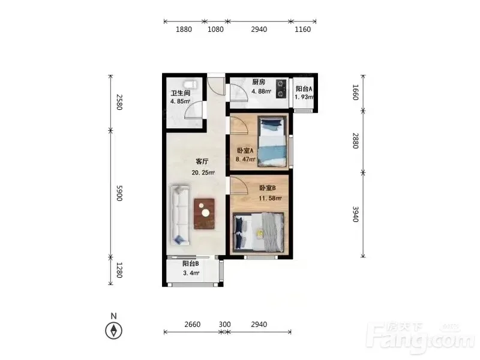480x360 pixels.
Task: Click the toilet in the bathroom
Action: point(191,84)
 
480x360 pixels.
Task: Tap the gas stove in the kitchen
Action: point(281,89)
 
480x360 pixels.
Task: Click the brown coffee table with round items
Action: point(204,214)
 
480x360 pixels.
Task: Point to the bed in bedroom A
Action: point(272,142)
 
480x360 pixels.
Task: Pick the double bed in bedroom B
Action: point(259,232)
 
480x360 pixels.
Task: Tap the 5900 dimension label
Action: point(119,193)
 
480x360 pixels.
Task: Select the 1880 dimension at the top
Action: point(184,29)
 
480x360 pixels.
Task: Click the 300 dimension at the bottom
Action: point(224,325)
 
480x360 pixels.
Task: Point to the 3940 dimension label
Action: point(355,214)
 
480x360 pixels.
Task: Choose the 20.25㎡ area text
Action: point(203,173)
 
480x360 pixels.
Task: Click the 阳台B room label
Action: point(191,263)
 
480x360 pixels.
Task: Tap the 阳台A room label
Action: point(304,89)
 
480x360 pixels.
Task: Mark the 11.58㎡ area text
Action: point(270,199)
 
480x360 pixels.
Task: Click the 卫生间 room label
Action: point(181,93)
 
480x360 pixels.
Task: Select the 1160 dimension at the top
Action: point(303,29)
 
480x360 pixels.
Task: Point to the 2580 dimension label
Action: point(119,102)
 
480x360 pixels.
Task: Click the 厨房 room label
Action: point(259,82)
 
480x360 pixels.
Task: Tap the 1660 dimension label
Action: point(355,92)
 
